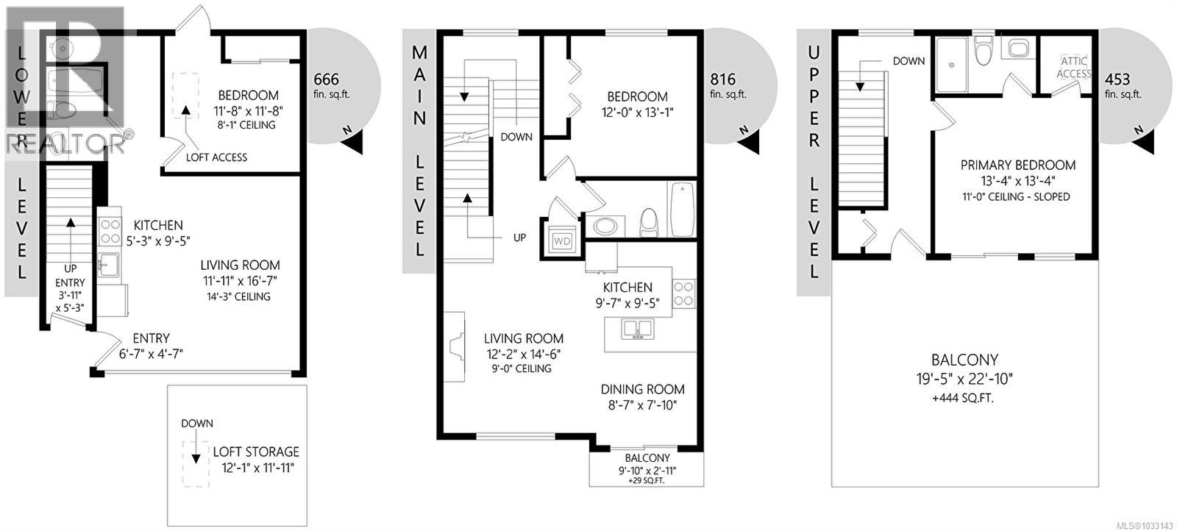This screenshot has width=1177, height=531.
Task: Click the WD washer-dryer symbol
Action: [x=562, y=240]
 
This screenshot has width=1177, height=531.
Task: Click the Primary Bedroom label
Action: [x=1017, y=165]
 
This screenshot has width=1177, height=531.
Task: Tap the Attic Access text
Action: [x=1073, y=68]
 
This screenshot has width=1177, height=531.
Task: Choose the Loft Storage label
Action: [x=256, y=452]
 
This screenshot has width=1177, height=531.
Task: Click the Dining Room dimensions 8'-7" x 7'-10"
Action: [x=642, y=405]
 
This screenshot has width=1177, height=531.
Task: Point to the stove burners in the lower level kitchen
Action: [x=110, y=231]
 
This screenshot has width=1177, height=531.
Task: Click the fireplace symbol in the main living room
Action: [x=455, y=346]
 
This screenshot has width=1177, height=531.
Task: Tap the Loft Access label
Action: [x=216, y=157]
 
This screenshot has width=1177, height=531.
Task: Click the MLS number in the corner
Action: [x=1144, y=524]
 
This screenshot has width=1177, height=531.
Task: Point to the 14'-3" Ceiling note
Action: [x=240, y=296]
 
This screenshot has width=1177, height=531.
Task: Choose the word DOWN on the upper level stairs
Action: [x=908, y=61]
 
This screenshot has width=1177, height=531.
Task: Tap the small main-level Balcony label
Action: [x=647, y=457]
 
